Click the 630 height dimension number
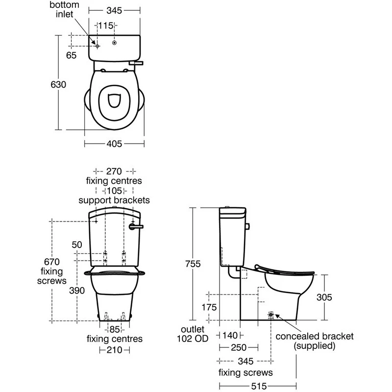tap(58, 84)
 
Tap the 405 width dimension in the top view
tap(114, 144)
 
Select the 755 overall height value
tap(193, 264)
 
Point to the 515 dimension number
tap(259, 386)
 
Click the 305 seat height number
tap(324, 297)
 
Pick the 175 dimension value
tap(209, 307)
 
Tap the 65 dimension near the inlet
tap(71, 55)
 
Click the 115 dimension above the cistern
tap(106, 25)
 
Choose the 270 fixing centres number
tap(114, 171)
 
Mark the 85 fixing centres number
tap(115, 329)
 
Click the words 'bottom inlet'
tap(64, 9)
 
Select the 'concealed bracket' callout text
tap(315, 336)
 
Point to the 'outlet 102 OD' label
tap(193, 334)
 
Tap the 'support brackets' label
tap(114, 200)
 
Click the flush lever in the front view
tap(136, 227)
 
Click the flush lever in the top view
tap(136, 63)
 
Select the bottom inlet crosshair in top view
tap(98, 46)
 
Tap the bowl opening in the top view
tap(115, 100)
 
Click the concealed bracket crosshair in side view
tap(271, 315)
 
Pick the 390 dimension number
tap(77, 291)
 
